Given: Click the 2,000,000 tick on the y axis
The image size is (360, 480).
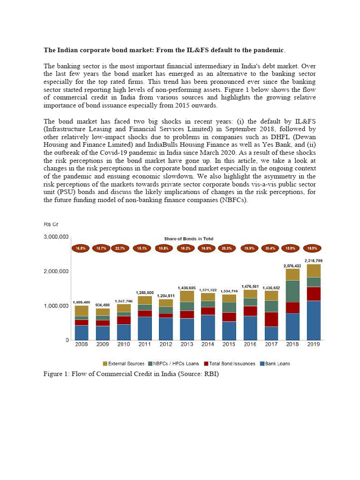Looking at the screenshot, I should click(56, 271).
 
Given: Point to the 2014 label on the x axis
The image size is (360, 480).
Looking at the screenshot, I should click(207, 345).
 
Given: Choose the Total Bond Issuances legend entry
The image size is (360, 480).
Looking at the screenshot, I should click(229, 364).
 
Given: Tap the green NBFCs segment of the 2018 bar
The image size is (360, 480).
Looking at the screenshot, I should click(292, 291).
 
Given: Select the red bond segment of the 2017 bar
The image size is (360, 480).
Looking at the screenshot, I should click(271, 319).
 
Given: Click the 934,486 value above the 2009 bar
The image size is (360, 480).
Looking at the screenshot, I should click(103, 304).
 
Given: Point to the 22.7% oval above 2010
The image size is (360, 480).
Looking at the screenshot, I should click(121, 248).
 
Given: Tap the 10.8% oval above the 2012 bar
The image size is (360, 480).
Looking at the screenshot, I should click(164, 248).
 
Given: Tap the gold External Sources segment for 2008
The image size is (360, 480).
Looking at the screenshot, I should click(82, 311).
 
